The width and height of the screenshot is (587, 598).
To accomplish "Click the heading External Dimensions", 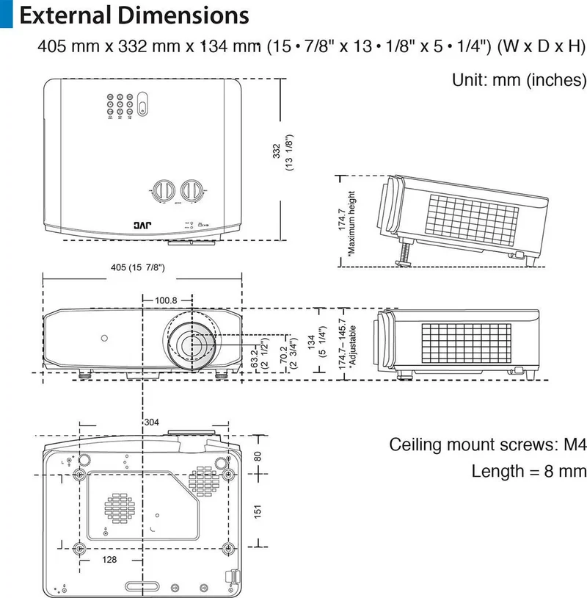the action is (134, 15).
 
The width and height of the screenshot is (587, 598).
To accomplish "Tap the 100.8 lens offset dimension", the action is (166, 300).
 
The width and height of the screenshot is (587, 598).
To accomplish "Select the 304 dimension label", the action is (152, 422).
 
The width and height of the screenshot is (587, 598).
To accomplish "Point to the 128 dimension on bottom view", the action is (109, 560).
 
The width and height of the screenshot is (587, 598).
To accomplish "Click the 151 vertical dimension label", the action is (258, 511).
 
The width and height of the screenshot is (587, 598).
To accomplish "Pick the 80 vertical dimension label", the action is (258, 456).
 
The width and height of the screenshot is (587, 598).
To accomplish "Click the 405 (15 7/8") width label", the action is (138, 267).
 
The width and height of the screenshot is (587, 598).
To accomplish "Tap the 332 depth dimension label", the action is (277, 151).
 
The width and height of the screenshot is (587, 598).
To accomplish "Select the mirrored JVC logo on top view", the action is (142, 226).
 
